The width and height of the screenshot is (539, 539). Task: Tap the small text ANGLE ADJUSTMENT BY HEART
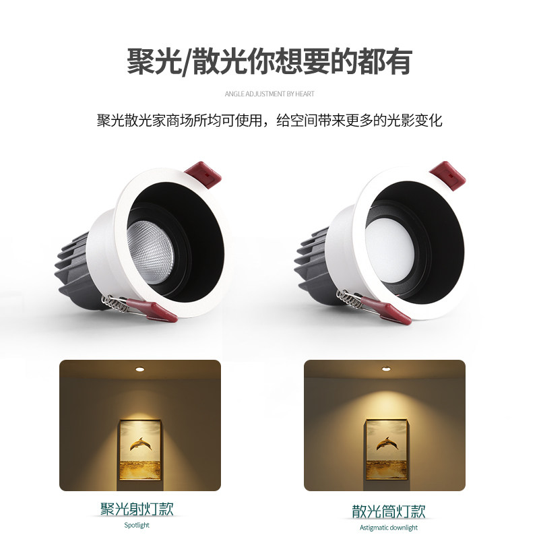click(x=269, y=94)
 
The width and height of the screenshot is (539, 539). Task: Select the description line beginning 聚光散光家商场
click(x=269, y=121)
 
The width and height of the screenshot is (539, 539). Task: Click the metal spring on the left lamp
click(x=114, y=303)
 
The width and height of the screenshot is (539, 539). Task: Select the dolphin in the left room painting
click(x=141, y=444)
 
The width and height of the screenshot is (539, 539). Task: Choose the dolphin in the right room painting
click(x=385, y=443)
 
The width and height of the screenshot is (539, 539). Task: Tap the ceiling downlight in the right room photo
click(x=385, y=370)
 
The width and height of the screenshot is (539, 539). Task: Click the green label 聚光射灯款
click(x=137, y=509)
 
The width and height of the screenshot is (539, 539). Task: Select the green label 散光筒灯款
click(x=389, y=511)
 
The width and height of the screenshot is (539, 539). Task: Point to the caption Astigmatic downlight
click(x=389, y=528)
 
